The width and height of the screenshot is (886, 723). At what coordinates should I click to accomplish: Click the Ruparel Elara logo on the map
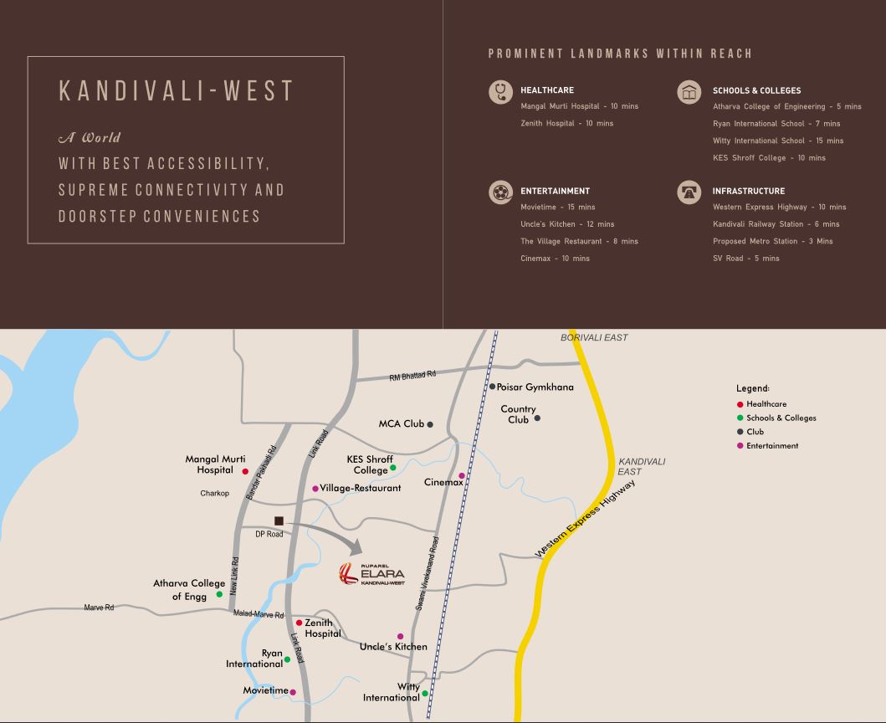click(x=371, y=574)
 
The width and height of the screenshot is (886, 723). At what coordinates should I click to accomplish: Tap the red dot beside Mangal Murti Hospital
click(x=245, y=472)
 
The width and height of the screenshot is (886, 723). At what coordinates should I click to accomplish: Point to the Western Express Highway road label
click(x=585, y=519)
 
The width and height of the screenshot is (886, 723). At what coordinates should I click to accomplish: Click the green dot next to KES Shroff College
click(x=393, y=468)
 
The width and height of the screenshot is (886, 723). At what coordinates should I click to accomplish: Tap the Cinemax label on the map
click(x=443, y=482)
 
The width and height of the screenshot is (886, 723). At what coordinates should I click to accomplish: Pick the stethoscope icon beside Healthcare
click(x=500, y=91)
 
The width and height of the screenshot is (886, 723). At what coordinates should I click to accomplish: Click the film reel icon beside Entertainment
click(x=500, y=192)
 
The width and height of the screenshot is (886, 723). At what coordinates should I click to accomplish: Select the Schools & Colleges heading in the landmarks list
click(x=756, y=90)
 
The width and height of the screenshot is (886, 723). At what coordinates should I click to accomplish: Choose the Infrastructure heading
click(x=748, y=191)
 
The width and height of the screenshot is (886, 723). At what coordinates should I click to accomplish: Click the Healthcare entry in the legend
click(x=766, y=404)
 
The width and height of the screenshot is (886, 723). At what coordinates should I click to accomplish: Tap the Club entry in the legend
click(x=755, y=432)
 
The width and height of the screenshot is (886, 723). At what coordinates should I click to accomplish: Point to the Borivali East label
click(x=593, y=337)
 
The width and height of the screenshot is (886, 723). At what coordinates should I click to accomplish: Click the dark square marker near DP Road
click(x=279, y=521)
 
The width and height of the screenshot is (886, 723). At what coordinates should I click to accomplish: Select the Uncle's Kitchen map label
click(x=393, y=647)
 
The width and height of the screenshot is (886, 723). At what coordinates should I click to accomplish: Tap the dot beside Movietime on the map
click(x=293, y=692)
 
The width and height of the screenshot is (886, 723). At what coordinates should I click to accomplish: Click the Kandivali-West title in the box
click(x=177, y=91)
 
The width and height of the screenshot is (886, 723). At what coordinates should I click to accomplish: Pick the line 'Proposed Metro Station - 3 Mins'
click(x=772, y=241)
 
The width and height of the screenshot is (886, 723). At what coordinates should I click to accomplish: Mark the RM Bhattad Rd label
click(x=412, y=377)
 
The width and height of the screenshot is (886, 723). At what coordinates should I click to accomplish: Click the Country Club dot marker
click(x=537, y=418)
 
